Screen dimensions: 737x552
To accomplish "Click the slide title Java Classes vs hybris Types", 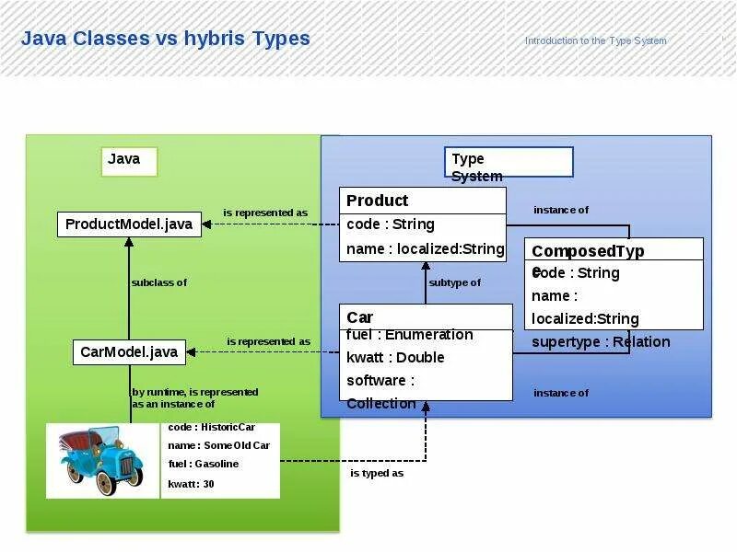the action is pyautogui.click(x=166, y=39).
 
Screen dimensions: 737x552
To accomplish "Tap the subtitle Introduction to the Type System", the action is pyautogui.click(x=595, y=40).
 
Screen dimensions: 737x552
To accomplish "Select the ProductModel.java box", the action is pyautogui.click(x=129, y=224).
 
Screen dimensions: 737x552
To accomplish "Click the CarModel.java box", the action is pyautogui.click(x=129, y=351).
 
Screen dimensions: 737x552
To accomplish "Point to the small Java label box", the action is pyautogui.click(x=130, y=161).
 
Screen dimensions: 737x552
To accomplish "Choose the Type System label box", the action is pyautogui.click(x=509, y=163).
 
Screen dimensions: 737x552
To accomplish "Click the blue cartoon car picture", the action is pyautogui.click(x=103, y=460).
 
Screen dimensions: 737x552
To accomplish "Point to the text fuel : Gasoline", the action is pyautogui.click(x=203, y=464).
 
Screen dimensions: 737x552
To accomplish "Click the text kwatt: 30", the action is pyautogui.click(x=191, y=484).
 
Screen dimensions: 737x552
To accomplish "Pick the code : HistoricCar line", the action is pyautogui.click(x=211, y=427).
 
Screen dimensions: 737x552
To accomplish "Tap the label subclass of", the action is pyautogui.click(x=158, y=282).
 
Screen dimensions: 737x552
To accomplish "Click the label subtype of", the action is pyautogui.click(x=454, y=282).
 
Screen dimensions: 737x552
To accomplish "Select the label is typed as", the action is pyautogui.click(x=377, y=473).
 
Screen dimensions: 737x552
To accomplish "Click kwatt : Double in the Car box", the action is pyautogui.click(x=395, y=357).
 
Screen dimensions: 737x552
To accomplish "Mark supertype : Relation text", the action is pyautogui.click(x=601, y=342).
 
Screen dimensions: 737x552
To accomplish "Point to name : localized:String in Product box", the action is pyautogui.click(x=425, y=248).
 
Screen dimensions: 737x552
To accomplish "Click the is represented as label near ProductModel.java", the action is pyautogui.click(x=266, y=213).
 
